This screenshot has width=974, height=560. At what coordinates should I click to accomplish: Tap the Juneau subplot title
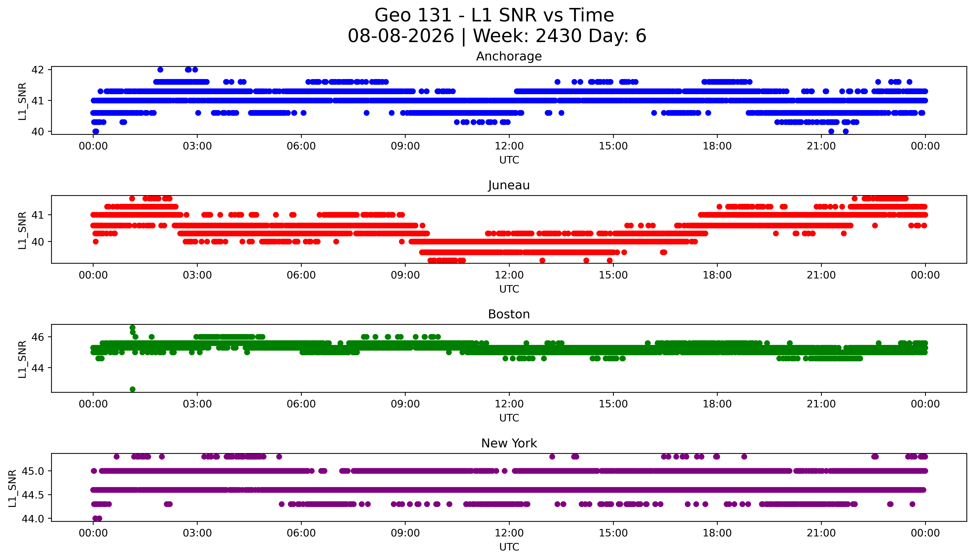[509, 185]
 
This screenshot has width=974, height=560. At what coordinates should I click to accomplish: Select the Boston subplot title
[509, 314]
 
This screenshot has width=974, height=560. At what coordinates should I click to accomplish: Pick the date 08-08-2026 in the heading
[401, 36]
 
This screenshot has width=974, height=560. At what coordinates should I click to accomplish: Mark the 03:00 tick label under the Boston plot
[197, 404]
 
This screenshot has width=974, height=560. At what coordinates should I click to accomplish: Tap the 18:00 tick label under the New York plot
[717, 533]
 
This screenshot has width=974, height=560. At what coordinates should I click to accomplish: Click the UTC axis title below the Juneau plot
[509, 289]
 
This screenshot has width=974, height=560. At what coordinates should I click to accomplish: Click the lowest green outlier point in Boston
[133, 389]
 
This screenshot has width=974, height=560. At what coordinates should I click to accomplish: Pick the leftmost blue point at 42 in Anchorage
[160, 70]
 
